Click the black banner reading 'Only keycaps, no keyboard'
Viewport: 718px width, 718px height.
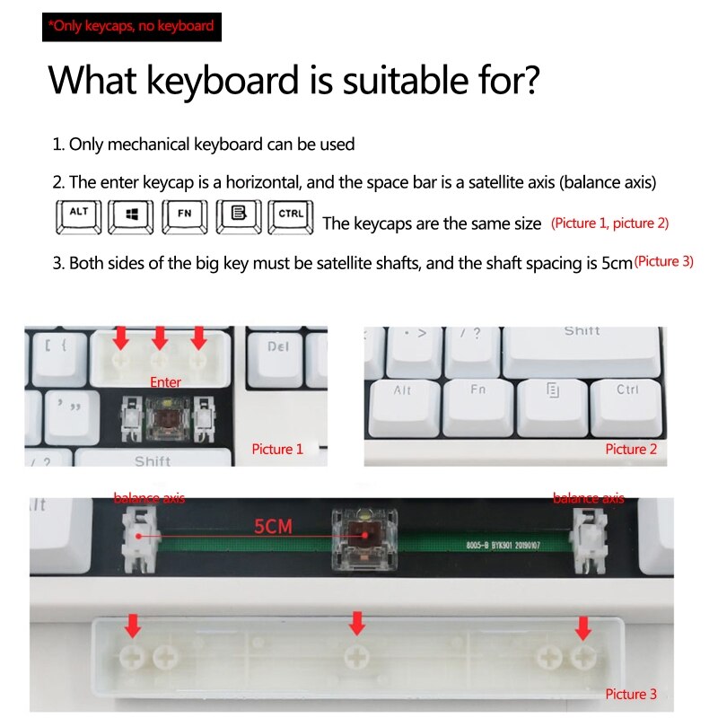(x=131, y=26)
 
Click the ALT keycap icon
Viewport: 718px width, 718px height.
(x=78, y=216)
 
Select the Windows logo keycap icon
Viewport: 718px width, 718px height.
(x=131, y=216)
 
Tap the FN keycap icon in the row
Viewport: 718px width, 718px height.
(x=185, y=216)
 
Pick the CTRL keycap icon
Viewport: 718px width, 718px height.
(x=290, y=216)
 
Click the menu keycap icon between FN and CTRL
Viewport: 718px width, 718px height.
(x=238, y=216)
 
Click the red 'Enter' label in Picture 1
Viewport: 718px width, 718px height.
(x=165, y=382)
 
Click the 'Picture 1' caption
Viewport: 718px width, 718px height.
(x=277, y=449)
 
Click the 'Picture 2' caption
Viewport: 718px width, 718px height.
(x=631, y=449)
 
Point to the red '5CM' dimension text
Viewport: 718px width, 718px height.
(x=273, y=527)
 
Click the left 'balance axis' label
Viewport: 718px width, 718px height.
(x=149, y=498)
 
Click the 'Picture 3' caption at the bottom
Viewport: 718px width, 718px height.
(x=631, y=694)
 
